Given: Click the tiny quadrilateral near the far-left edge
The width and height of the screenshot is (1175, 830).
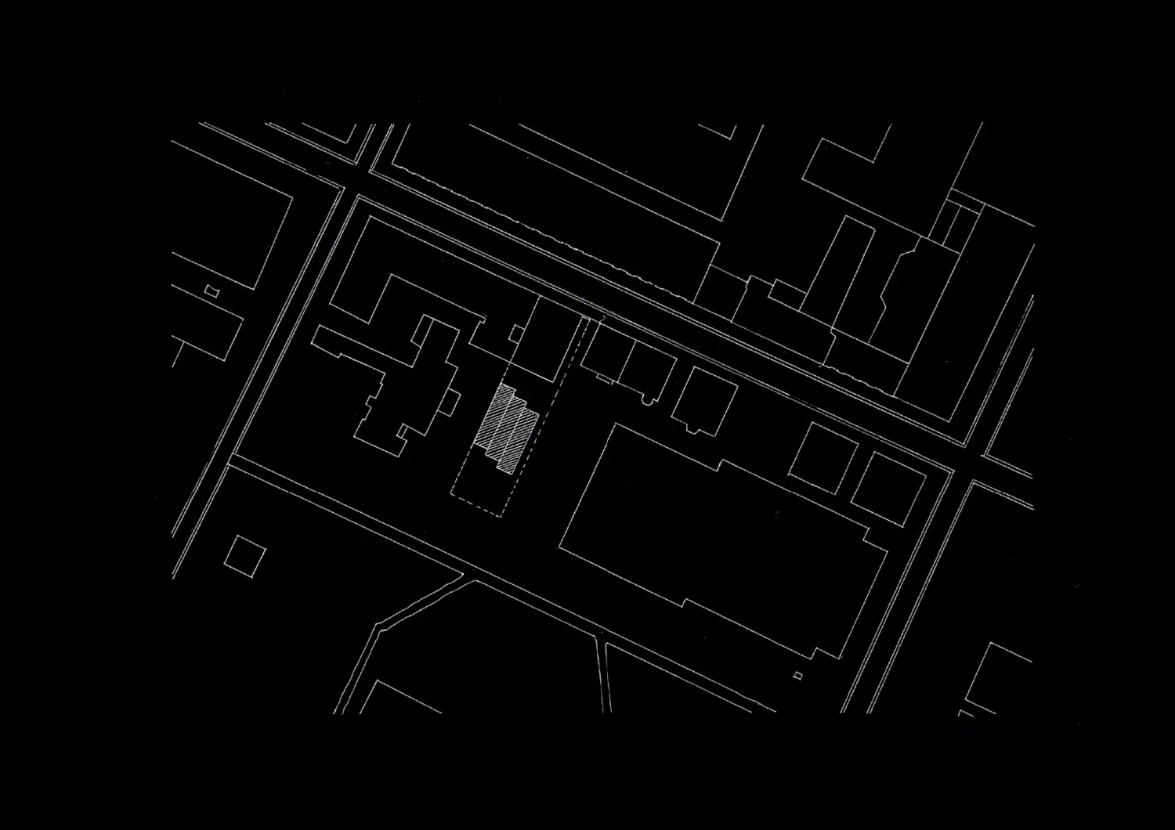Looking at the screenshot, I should pyautogui.click(x=211, y=292).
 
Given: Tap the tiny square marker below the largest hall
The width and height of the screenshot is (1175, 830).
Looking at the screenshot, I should pyautogui.click(x=798, y=675).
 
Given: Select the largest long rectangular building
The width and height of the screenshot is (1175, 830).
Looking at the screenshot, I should pyautogui.click(x=721, y=540).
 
